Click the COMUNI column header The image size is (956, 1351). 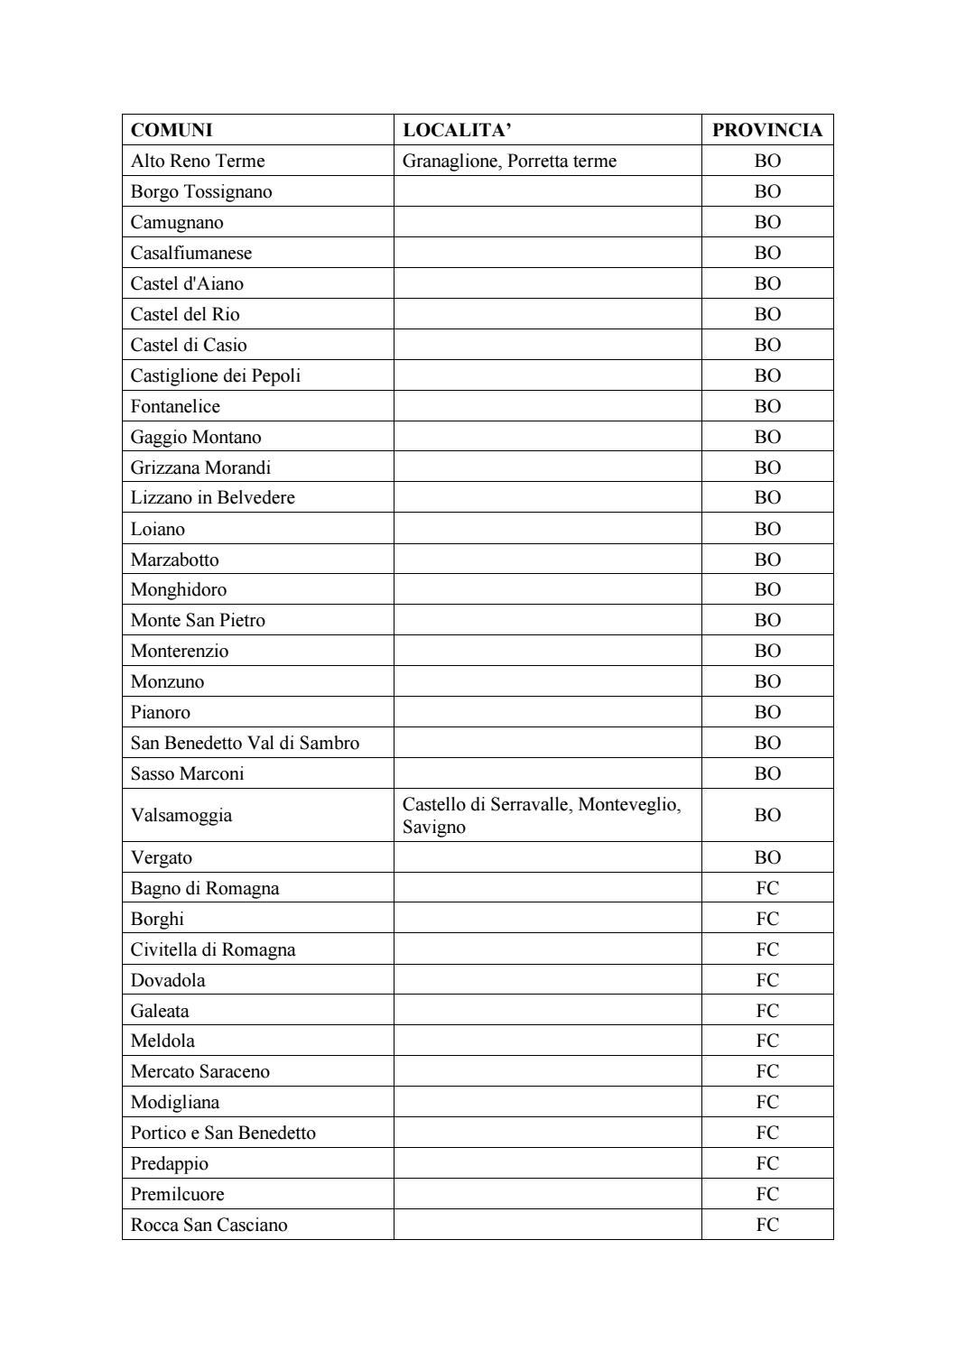172,130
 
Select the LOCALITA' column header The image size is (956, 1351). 457,130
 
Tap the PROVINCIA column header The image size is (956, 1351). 766,130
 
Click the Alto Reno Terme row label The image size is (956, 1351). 198,161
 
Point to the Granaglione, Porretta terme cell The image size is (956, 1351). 509,161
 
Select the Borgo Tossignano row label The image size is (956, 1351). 201,191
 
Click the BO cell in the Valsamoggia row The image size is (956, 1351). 767,815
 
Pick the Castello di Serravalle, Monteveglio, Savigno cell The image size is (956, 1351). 541,815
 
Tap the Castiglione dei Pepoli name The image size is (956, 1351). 216,375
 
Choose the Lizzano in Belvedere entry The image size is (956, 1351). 212,497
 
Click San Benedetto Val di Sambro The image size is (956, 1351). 245,743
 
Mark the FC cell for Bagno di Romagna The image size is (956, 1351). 767,888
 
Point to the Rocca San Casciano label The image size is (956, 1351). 209,1225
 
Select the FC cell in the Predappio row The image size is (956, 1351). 767,1163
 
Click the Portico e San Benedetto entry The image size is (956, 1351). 223,1133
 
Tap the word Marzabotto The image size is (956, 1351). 174,560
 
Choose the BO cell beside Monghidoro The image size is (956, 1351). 767,589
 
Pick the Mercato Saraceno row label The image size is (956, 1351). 200,1071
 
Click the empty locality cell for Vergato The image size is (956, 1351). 547,857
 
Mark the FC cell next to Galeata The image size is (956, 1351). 767,1011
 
